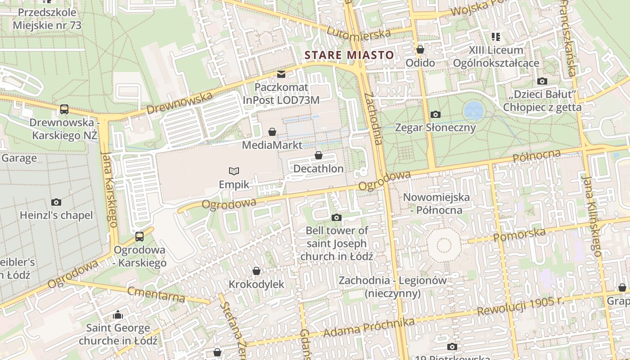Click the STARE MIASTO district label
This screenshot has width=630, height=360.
tap(349, 55)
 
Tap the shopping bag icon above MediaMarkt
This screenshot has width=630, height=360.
tap(272, 132)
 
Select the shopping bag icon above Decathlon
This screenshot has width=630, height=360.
tap(319, 156)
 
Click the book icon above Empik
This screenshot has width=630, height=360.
tap(234, 171)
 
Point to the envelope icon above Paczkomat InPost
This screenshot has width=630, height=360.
tap(281, 74)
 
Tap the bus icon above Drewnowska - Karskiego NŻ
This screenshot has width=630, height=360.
tap(64, 109)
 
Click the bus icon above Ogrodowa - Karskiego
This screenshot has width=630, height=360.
tap(139, 236)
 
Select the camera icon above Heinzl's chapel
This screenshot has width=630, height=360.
tap(56, 202)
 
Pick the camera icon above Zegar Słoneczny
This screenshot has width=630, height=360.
tap(435, 114)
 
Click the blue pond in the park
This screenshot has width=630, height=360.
tap(473, 110)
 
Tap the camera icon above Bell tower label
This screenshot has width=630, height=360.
tap(336, 218)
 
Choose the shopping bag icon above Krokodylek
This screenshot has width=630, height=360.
tap(256, 271)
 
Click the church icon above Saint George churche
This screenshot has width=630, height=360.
tap(118, 315)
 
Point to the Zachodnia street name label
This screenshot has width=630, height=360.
tap(373, 119)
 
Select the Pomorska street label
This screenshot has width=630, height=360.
tap(519, 234)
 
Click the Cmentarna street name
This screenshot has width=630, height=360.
tap(156, 294)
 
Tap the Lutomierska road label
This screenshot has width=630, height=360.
tap(359, 33)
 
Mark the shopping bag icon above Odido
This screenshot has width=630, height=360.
tap(420, 49)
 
